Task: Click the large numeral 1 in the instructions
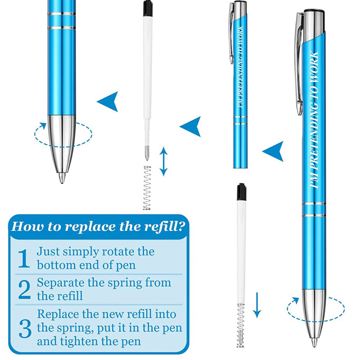pyautogui.click(x=24, y=259)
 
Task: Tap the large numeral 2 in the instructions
pyautogui.click(x=24, y=289)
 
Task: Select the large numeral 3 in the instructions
pyautogui.click(x=25, y=329)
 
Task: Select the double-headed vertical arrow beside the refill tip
pyautogui.click(x=163, y=162)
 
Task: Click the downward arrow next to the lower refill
pyautogui.click(x=257, y=305)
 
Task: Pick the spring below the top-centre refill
pyautogui.click(x=147, y=188)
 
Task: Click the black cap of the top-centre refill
pyautogui.click(x=148, y=9)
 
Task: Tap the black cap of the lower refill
pyautogui.click(x=241, y=192)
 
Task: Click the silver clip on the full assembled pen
pyautogui.click(x=299, y=63)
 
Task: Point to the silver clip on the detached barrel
pyautogui.click(x=231, y=33)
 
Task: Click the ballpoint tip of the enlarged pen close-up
pyautogui.click(x=62, y=178)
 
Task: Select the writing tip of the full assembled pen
pyautogui.click(x=314, y=342)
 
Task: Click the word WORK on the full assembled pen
pyautogui.click(x=314, y=69)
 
